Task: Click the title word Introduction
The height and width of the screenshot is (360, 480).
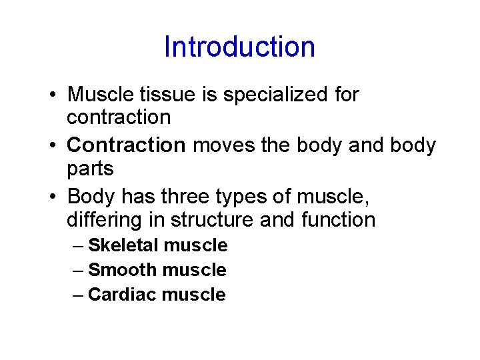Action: pyautogui.click(x=239, y=47)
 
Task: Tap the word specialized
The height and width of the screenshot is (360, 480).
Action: pyautogui.click(x=275, y=95)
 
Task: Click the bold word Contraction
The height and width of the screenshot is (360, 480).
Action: pyautogui.click(x=127, y=145)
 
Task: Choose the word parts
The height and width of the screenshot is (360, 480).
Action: pyautogui.click(x=90, y=169)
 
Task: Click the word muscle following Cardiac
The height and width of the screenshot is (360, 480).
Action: pyautogui.click(x=193, y=295)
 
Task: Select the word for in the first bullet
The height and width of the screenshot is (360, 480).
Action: pyautogui.click(x=346, y=95)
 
